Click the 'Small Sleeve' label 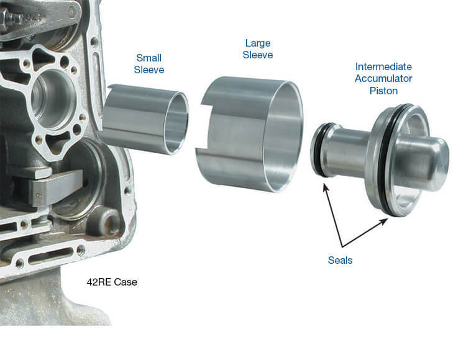[149, 63]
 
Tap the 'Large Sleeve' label [258, 49]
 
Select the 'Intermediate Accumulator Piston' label [383, 78]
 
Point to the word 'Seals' [340, 260]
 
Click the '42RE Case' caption [112, 282]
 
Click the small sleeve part [144, 119]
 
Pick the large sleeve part [249, 134]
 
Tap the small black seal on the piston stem [318, 150]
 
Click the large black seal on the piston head [386, 160]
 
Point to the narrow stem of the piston [348, 151]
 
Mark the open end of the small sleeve [177, 123]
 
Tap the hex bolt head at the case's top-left [8, 17]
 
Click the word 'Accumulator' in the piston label [383, 78]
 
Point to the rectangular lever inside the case [55, 187]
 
